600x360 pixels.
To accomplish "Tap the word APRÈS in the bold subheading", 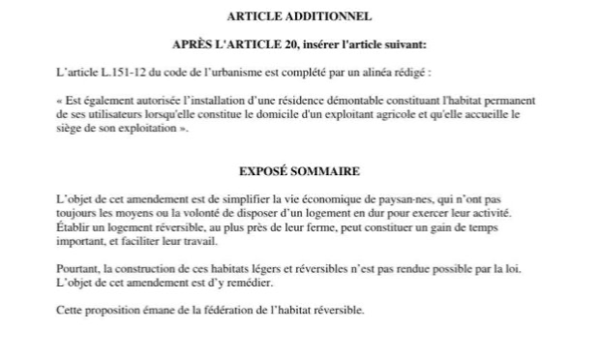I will (x=192, y=45).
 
